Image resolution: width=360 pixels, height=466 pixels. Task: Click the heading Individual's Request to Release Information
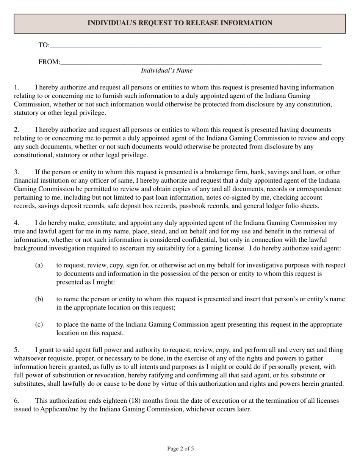(180, 23)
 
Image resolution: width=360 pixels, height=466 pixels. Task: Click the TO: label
(44, 45)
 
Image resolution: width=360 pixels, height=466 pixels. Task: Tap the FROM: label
(49, 62)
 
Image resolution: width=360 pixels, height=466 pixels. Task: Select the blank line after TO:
(185, 47)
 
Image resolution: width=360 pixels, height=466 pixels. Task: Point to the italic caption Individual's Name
(167, 70)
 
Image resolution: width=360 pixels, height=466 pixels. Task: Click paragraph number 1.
(16, 88)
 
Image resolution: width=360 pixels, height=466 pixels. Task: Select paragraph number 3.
(16, 172)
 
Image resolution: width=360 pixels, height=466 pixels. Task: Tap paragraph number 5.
(16, 350)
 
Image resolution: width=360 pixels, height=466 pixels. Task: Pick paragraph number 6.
(16, 400)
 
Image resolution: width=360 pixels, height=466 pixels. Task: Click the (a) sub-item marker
(39, 265)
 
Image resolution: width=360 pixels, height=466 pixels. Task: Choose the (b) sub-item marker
(39, 299)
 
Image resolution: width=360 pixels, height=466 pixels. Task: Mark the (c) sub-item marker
(39, 324)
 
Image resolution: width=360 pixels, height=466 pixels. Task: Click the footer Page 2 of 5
(180, 449)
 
